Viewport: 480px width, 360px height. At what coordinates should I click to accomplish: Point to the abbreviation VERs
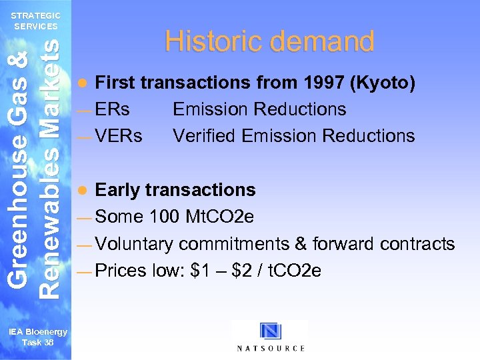(x=119, y=136)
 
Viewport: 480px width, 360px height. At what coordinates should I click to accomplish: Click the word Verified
(x=205, y=136)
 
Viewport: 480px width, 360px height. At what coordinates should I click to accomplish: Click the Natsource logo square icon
(x=271, y=331)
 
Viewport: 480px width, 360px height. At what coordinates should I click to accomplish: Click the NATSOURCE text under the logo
(x=271, y=348)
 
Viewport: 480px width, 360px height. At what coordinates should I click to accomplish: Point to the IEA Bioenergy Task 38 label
(x=38, y=337)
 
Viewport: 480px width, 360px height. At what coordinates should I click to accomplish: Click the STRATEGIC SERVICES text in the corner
(x=37, y=21)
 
